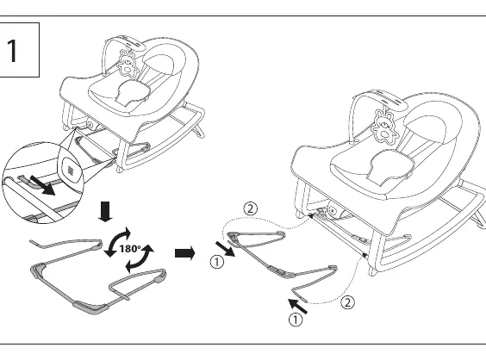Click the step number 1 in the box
click(x=13, y=51)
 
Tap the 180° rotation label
click(x=130, y=248)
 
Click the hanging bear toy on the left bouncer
click(x=128, y=63)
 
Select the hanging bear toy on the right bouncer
click(x=385, y=127)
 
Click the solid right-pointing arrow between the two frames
click(x=185, y=253)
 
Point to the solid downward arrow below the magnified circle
click(x=105, y=212)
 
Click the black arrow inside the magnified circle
click(x=42, y=185)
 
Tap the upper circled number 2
click(x=251, y=208)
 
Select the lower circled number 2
click(x=348, y=302)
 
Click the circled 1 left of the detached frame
click(x=217, y=262)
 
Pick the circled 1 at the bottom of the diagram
click(x=296, y=320)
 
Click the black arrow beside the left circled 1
click(x=225, y=249)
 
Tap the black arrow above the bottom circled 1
click(x=298, y=306)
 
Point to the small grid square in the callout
click(x=70, y=170)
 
